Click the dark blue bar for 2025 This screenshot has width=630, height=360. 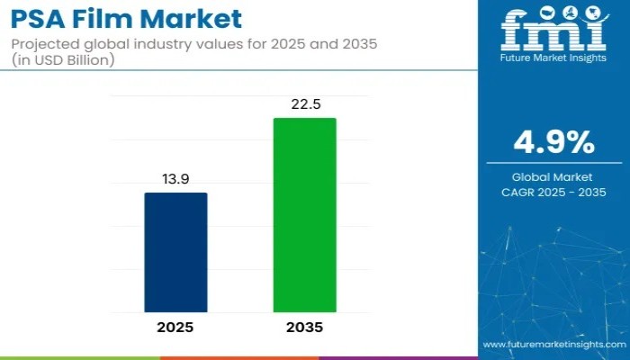coord(175,252)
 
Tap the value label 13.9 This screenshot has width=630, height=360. coord(175,180)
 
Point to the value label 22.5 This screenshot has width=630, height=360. coord(304,105)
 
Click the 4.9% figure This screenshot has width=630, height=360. coord(553,142)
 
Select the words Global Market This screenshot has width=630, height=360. coord(553,176)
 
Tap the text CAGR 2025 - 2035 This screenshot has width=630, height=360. coord(553,192)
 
